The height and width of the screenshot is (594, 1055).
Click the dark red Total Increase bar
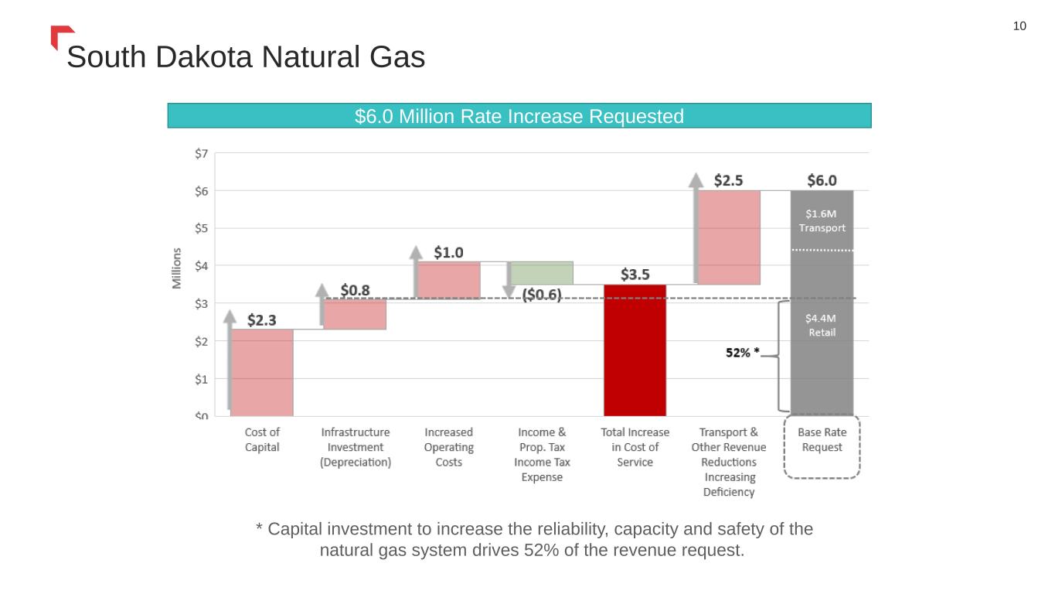[635, 350]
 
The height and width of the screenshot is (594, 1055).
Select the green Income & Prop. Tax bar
[542, 273]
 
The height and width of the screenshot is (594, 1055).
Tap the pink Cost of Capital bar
[262, 372]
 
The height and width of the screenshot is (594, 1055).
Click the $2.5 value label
[728, 180]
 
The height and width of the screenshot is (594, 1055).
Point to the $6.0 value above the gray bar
[822, 180]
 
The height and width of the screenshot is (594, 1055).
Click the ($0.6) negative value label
[542, 295]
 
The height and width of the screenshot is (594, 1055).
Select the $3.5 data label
[635, 275]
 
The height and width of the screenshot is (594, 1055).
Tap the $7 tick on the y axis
[200, 153]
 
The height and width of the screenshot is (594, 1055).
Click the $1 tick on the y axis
[200, 379]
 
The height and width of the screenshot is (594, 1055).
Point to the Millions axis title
[177, 268]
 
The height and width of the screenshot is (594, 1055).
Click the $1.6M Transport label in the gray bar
[822, 220]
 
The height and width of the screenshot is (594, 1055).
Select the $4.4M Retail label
[822, 325]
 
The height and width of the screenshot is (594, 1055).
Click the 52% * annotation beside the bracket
[742, 353]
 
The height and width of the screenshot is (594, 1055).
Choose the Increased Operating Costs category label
[448, 447]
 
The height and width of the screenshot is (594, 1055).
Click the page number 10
[1019, 26]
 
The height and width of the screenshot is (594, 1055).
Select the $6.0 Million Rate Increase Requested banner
[519, 116]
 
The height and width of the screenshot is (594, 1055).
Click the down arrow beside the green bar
[509, 280]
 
